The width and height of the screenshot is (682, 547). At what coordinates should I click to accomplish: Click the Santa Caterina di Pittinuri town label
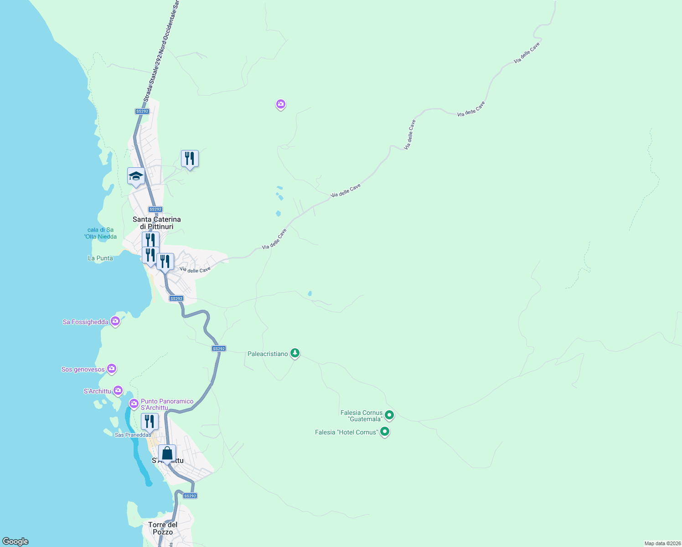click(156, 223)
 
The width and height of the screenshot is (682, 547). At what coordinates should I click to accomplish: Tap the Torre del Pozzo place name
click(163, 528)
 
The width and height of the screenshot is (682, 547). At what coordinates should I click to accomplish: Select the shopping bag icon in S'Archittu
click(167, 454)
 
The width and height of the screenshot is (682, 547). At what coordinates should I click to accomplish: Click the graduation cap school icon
click(136, 176)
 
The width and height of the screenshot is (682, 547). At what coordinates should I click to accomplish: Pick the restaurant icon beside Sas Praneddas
click(150, 422)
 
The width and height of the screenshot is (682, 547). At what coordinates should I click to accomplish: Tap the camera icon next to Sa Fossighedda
click(115, 321)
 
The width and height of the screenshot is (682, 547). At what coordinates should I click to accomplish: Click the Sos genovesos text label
click(83, 369)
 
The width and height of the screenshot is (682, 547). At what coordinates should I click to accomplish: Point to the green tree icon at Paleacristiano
click(295, 353)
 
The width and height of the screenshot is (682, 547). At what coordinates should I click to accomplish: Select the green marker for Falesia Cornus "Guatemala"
click(389, 415)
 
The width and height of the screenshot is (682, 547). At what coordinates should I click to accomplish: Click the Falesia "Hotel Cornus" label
click(346, 432)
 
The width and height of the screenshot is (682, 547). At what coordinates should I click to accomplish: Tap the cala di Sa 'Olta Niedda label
click(100, 233)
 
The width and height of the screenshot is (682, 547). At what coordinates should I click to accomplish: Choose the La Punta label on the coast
click(100, 258)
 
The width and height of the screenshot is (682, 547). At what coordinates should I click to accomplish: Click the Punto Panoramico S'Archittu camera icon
click(134, 403)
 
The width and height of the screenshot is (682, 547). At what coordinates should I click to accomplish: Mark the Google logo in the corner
click(15, 542)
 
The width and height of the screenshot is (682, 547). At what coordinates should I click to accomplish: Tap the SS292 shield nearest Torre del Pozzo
click(190, 496)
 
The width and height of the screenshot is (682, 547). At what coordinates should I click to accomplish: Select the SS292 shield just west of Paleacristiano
click(219, 349)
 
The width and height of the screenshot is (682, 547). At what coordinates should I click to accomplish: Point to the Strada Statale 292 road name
click(161, 50)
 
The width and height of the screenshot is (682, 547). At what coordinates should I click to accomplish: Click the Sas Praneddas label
click(133, 435)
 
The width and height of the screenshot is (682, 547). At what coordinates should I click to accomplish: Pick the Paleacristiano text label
click(268, 354)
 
